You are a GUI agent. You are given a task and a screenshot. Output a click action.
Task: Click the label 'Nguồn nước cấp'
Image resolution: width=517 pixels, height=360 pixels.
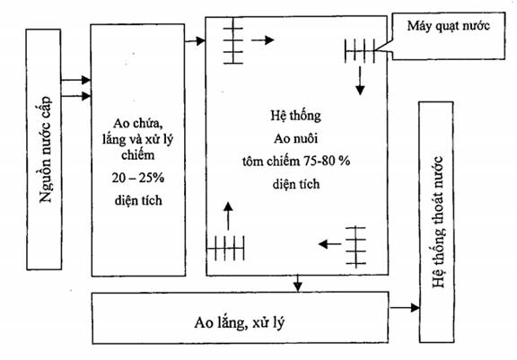(x=45, y=149)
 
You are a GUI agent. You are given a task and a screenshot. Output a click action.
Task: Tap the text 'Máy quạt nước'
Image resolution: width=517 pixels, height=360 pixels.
(x=449, y=26)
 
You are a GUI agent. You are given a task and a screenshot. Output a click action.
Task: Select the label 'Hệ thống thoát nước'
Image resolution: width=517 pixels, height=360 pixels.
(x=437, y=223)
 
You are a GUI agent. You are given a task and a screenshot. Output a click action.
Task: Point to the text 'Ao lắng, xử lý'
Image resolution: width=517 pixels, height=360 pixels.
(x=240, y=323)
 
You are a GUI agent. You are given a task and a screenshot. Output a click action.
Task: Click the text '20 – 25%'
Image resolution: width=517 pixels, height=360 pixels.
(x=138, y=178)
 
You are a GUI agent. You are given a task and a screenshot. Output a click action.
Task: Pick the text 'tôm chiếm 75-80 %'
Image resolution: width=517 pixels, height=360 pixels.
(x=296, y=162)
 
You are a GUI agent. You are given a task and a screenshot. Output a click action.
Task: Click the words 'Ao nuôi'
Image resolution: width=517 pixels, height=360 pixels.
(x=296, y=138)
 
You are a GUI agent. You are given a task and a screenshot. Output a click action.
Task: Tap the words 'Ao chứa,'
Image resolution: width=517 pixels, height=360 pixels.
(x=138, y=124)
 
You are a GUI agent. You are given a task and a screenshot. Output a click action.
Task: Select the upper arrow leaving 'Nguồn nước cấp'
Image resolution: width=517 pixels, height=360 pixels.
(x=75, y=80)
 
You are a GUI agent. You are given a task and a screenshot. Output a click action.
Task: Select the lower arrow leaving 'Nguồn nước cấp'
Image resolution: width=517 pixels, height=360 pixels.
(x=75, y=96)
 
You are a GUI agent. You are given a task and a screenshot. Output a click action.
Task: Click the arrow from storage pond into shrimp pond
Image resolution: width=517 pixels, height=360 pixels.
(x=195, y=41)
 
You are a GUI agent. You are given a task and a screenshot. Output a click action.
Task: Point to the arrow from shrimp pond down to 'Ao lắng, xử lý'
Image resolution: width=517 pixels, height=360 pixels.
(x=298, y=283)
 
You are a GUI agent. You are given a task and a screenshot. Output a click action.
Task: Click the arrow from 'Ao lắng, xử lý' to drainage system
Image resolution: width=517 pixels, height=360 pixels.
(x=404, y=308)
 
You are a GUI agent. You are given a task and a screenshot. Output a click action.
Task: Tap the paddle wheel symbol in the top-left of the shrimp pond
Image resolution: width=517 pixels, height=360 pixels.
(x=233, y=40)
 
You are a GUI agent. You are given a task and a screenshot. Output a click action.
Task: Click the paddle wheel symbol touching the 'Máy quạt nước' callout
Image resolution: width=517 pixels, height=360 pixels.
(x=360, y=51)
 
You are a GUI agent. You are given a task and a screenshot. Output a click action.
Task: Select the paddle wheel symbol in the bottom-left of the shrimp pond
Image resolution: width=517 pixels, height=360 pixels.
(x=226, y=248)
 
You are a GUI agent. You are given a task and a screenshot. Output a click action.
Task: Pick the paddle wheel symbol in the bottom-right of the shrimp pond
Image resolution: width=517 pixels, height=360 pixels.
(x=355, y=247)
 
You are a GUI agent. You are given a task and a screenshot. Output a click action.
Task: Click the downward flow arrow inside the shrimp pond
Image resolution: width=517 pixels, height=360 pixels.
(x=360, y=81)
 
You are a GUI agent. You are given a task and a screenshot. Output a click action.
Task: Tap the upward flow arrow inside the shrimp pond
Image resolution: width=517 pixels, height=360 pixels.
(x=228, y=216)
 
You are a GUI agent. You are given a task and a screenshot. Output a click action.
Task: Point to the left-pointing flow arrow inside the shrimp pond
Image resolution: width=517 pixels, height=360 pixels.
(x=329, y=244)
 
